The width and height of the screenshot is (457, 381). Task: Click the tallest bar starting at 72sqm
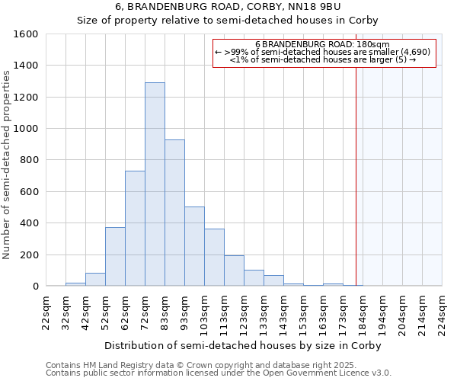point(155,184)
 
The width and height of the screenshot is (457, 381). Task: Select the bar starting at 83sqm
point(174,213)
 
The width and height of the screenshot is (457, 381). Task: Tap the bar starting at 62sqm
point(135,229)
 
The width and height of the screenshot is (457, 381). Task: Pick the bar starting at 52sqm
point(115,257)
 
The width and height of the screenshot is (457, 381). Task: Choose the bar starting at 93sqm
point(194,246)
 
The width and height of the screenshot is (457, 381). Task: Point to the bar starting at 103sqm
point(214,258)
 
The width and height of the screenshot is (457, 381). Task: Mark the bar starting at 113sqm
point(234,271)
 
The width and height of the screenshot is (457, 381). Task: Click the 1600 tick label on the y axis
point(25,34)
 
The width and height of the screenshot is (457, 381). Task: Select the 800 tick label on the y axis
point(28,160)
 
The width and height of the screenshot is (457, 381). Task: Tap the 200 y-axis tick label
point(28,255)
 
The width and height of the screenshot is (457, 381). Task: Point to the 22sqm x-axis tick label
point(46,312)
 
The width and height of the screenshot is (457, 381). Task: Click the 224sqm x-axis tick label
point(442,312)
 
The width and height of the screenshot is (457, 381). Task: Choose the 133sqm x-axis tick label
point(264,312)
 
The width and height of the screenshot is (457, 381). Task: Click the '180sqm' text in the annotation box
point(374,44)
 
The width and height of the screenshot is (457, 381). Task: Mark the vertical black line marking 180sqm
point(356,190)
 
